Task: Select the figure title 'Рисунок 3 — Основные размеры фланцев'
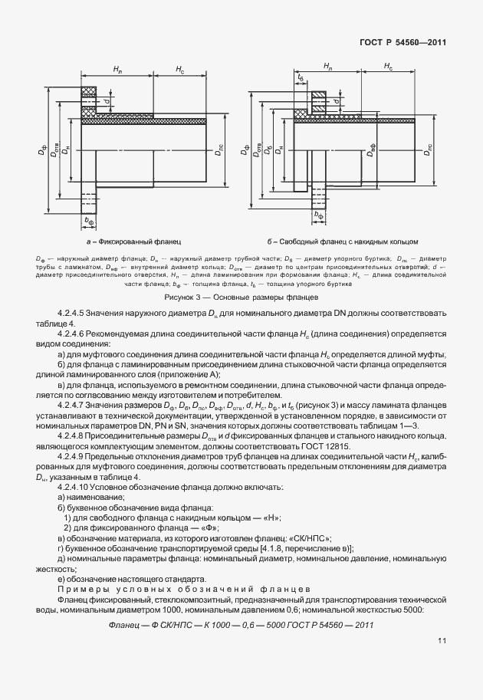coord(241,296)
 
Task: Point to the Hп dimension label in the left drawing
coord(117,69)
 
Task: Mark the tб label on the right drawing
coord(301,77)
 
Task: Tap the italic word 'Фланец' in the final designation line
coord(126,626)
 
